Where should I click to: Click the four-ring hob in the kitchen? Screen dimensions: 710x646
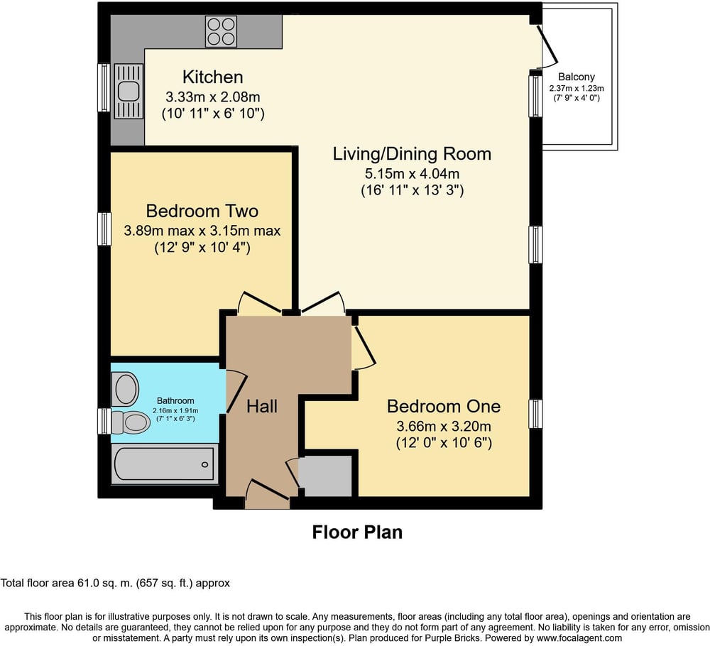(221, 31)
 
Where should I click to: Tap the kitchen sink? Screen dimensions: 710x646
(129, 91)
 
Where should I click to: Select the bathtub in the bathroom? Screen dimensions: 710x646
(165, 464)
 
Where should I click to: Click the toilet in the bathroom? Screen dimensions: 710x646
(131, 422)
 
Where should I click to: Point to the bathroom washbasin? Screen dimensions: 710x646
(125, 389)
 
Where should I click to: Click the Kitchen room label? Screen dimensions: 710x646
(213, 77)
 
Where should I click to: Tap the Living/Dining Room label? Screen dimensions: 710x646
(412, 154)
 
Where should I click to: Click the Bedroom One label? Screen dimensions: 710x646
(444, 406)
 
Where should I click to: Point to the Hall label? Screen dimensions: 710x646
(262, 407)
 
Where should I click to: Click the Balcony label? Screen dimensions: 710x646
(577, 77)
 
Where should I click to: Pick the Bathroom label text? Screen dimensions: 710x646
(175, 400)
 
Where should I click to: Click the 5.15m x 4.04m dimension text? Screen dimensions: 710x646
(412, 173)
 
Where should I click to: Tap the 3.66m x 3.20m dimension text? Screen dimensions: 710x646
(444, 426)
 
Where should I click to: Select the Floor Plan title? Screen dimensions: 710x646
(357, 532)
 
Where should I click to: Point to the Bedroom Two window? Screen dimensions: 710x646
(104, 229)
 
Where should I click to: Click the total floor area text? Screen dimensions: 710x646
(115, 583)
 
